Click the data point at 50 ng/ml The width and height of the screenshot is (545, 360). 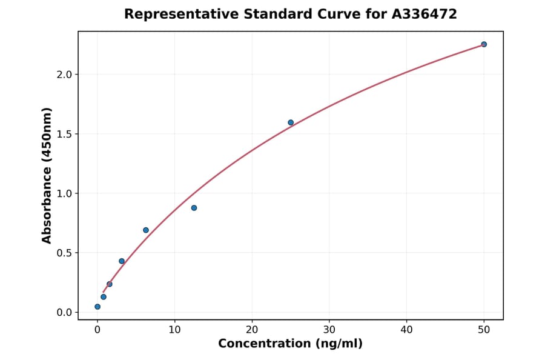[x=484, y=44]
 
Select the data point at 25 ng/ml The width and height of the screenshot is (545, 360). [x=291, y=122]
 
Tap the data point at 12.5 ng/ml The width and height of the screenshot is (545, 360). [x=194, y=208]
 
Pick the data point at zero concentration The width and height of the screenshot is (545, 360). [x=97, y=307]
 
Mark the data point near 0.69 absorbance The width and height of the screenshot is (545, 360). [x=146, y=230]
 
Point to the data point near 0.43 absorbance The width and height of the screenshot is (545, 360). [x=122, y=261]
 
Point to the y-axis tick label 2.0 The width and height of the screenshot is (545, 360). [x=64, y=75]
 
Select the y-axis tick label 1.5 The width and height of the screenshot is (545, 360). [x=64, y=134]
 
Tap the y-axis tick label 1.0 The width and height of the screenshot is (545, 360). [x=64, y=193]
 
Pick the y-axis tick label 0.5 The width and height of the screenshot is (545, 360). [x=64, y=253]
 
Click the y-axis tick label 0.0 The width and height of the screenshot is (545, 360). [x=64, y=313]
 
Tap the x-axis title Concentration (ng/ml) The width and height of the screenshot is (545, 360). [x=290, y=344]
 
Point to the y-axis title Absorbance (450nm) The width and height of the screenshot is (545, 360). [x=47, y=175]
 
